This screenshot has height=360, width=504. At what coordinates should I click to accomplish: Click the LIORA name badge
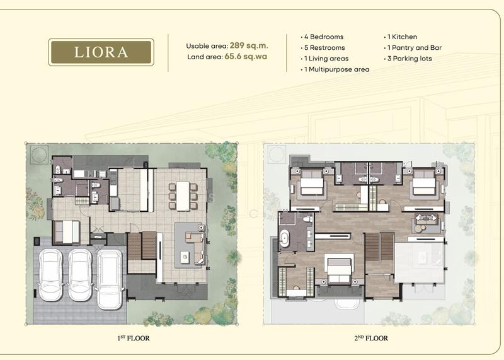point(101,52)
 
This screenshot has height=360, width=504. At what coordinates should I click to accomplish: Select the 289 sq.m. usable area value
point(249,45)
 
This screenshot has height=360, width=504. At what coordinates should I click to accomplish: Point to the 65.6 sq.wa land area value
point(246,56)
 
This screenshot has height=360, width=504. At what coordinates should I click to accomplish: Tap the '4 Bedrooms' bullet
point(322,37)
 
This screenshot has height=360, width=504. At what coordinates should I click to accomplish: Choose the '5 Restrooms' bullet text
point(323,48)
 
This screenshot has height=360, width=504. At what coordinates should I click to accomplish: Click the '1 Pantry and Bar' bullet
point(413,48)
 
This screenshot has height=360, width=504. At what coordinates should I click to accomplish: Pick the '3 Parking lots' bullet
point(408,59)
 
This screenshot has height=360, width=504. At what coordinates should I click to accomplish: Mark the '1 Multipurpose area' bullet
point(335,69)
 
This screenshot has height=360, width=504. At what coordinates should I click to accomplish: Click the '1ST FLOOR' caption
point(134,338)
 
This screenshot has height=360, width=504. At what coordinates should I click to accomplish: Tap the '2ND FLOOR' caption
point(371,338)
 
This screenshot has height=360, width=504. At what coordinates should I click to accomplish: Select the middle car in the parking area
point(80,275)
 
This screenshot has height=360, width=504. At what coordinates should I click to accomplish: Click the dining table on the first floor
point(183,196)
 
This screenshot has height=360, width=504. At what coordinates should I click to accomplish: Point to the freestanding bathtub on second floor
point(285,238)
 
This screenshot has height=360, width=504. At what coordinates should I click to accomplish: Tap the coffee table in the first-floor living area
point(185,257)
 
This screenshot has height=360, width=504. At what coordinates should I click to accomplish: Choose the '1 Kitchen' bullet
point(401,37)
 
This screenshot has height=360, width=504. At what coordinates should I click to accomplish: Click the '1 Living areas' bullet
point(324,59)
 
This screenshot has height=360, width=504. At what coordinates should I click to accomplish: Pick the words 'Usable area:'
point(207,46)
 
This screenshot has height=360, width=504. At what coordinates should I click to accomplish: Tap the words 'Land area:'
point(205,57)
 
